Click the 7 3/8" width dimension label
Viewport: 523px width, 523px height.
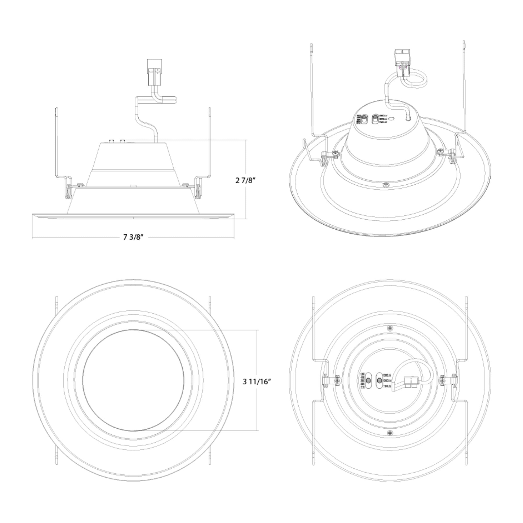point(133,237)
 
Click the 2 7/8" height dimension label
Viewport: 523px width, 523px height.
point(246,180)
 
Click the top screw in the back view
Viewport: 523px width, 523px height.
point(390,328)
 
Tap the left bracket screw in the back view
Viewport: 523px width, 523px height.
point(337,380)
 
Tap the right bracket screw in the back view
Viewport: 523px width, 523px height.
point(442,380)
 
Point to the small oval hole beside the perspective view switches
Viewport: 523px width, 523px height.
point(392,118)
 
